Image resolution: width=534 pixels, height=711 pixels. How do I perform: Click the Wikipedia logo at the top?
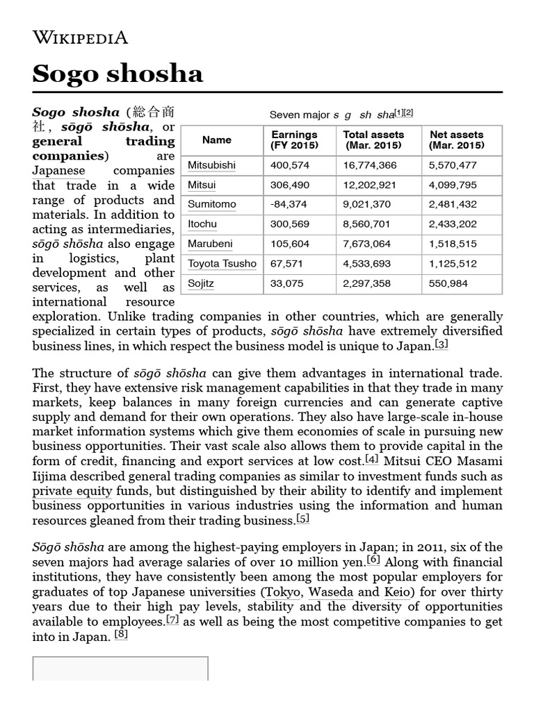coord(80,37)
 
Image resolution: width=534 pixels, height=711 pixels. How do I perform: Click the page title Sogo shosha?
coord(118,73)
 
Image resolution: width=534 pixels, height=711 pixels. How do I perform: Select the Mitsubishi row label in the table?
coord(211,165)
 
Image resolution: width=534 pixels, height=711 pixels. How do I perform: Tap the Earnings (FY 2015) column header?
coord(294,140)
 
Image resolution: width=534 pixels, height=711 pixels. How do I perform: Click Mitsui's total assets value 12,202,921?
coord(371,185)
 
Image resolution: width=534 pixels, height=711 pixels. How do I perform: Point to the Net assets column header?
coord(456,140)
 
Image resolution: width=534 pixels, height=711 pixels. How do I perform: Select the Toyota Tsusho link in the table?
coord(222,264)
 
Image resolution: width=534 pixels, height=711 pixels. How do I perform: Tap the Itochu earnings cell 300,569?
coord(287,224)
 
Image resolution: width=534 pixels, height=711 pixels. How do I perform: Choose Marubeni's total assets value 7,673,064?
coord(367,244)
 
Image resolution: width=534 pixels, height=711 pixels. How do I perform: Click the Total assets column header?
coord(373,140)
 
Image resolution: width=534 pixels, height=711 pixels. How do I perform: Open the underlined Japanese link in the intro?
coord(58,171)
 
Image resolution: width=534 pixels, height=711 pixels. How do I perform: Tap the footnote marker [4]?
coord(372,460)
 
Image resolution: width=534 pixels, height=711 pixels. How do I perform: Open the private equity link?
coord(72,491)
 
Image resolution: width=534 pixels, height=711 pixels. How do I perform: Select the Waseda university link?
coord(331,592)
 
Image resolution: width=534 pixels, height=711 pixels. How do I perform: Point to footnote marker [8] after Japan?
coord(121,634)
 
